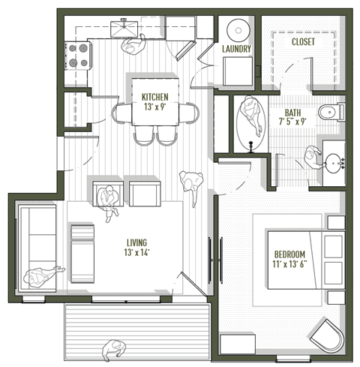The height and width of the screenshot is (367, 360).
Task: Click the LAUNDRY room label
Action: [x=236, y=49]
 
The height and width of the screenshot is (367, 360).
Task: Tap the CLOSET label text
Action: [x=302, y=42]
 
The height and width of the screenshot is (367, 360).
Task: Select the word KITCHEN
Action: [x=155, y=97]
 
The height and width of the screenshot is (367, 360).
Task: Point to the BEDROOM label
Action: [x=289, y=254]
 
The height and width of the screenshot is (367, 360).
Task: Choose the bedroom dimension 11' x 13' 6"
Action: [x=289, y=264]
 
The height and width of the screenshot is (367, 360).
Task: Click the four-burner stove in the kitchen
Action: [x=79, y=54]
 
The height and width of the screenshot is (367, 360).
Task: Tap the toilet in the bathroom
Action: [x=330, y=113]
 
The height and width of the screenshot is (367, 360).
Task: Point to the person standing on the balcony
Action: [x=112, y=350]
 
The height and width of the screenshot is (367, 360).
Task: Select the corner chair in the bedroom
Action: [x=328, y=335]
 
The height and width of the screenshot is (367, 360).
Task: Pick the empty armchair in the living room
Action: [x=143, y=193]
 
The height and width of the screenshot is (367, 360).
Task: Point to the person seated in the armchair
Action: [x=109, y=198]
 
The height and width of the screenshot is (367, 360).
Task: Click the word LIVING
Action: [x=136, y=242]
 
